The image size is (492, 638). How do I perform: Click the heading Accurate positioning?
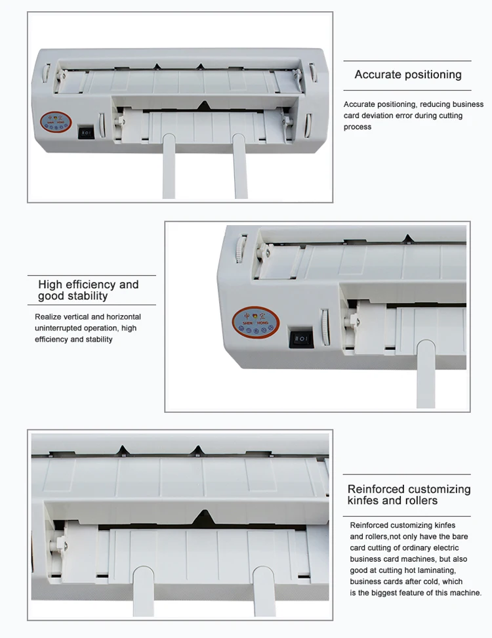tap(408, 75)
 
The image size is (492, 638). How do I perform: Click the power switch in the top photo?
tap(85, 132)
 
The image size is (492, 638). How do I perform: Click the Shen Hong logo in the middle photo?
tap(256, 321)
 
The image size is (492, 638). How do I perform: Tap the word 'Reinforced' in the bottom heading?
tap(376, 490)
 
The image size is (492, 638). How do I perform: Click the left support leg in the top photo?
tap(169, 167)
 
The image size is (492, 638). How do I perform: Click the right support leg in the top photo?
tap(241, 167)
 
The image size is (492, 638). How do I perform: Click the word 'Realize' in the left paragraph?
tap(49, 317)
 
